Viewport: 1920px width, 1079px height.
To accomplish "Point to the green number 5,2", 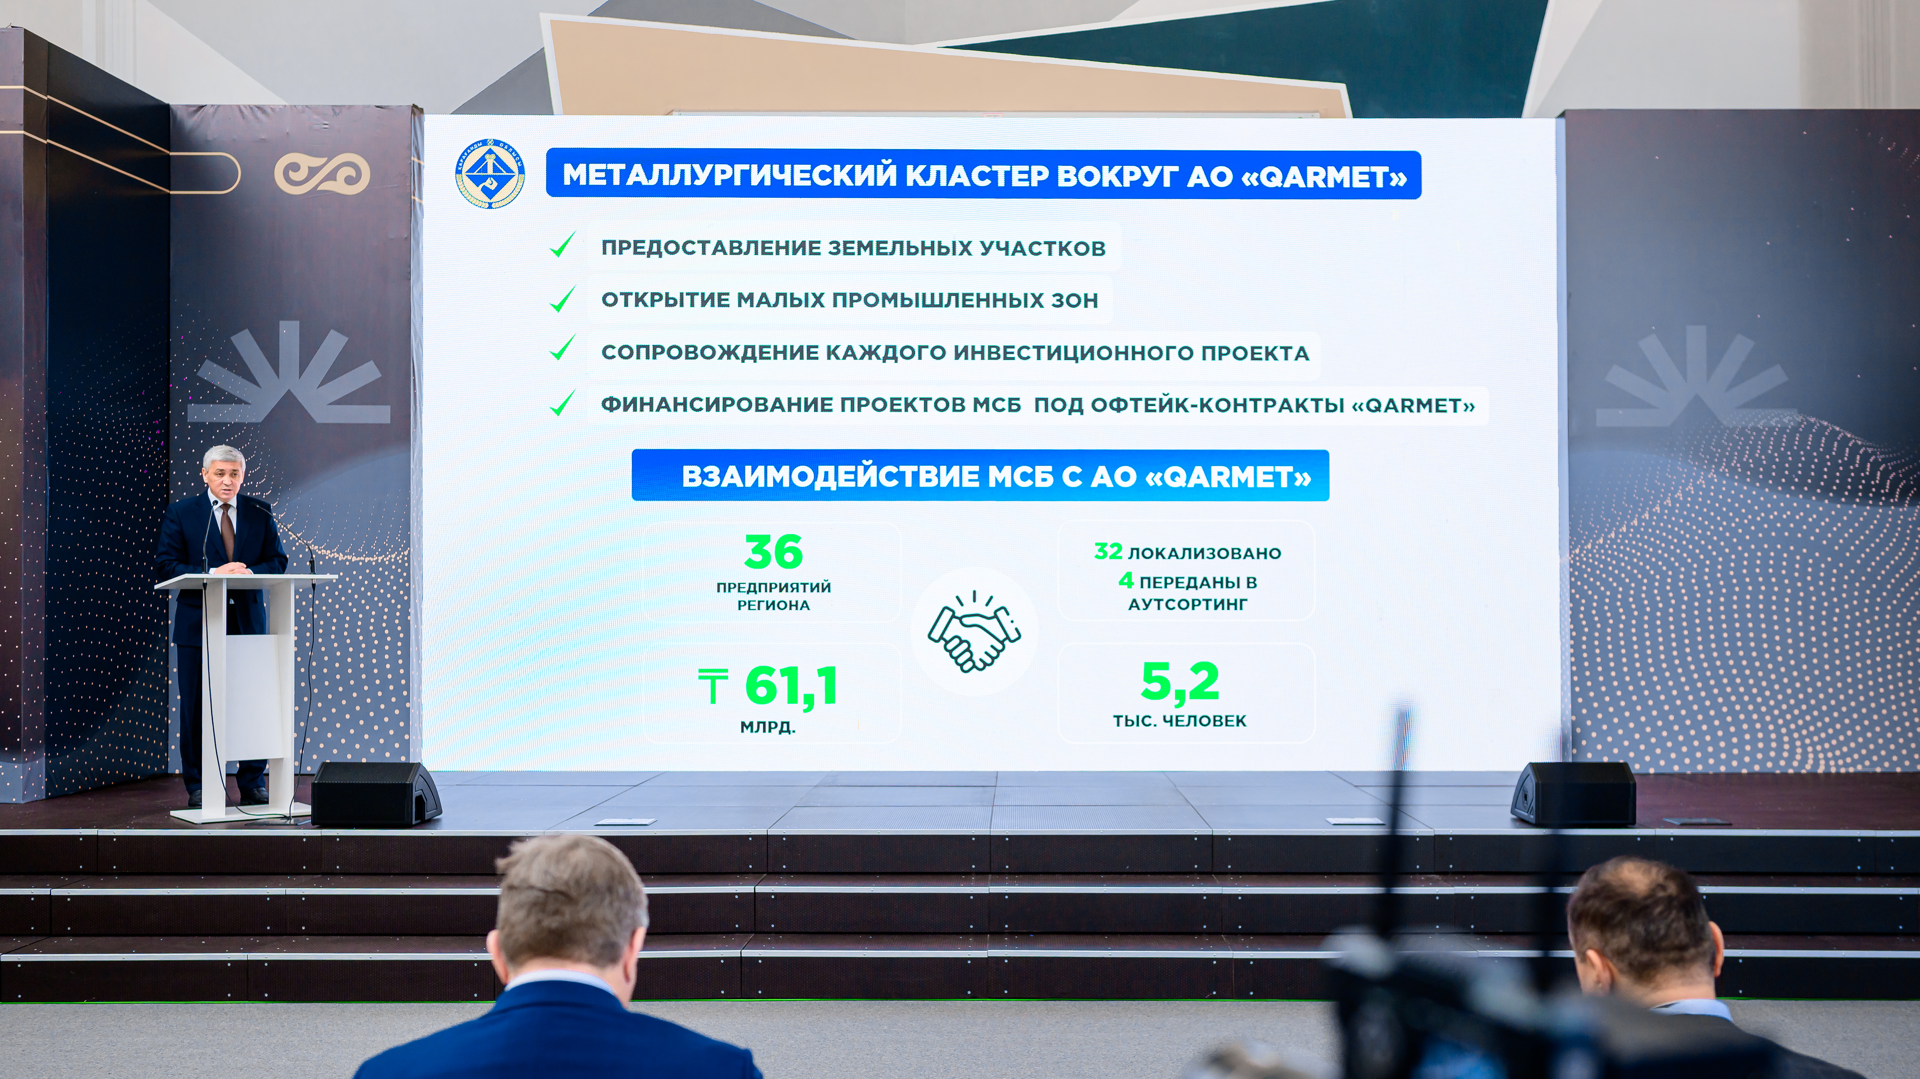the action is [1180, 681].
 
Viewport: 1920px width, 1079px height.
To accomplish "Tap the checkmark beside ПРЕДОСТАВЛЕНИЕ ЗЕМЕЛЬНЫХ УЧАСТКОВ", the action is [562, 245].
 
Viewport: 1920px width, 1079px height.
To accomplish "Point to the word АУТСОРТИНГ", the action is [1187, 604].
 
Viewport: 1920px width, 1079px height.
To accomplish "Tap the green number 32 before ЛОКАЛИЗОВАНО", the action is [1108, 551].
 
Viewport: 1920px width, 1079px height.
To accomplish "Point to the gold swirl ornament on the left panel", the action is [322, 174].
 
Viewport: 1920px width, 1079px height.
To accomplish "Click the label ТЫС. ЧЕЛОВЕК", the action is [1180, 721].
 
